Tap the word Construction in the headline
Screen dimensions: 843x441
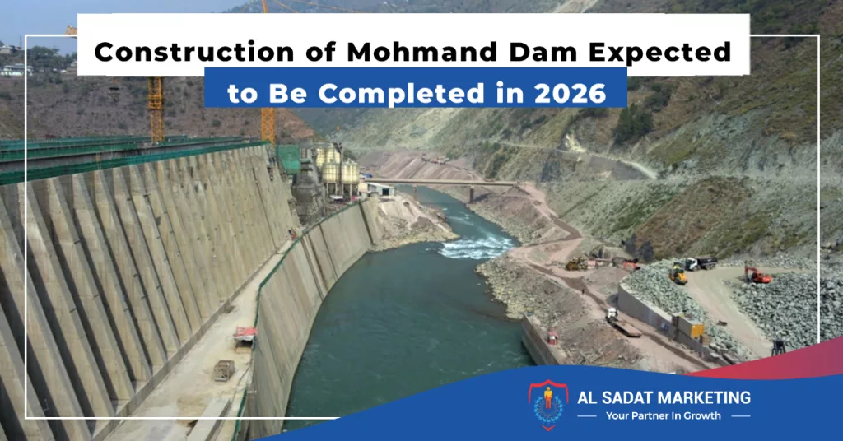194,52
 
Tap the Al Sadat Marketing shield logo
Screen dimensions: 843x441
547,405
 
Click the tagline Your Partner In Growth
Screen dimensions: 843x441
664,415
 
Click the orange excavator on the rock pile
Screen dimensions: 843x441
757,275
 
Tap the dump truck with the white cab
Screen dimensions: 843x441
700,262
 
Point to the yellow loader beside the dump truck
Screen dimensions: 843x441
678,275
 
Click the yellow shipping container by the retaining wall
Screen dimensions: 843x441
690,327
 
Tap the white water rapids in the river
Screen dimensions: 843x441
477,247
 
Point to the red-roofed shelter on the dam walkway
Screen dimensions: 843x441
245,333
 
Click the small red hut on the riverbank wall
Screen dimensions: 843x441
552,337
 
